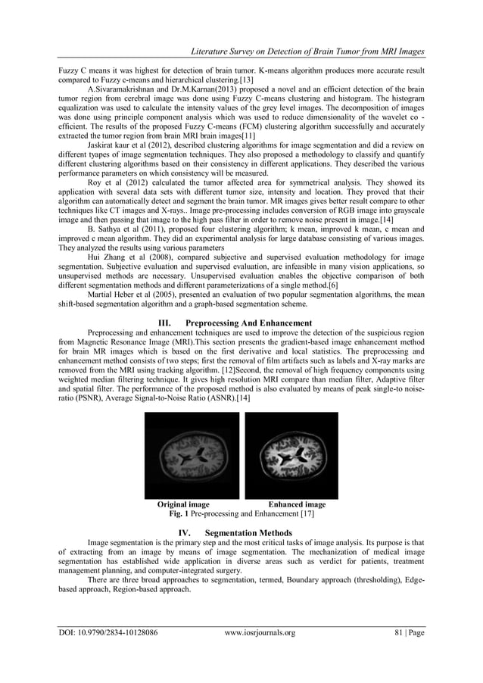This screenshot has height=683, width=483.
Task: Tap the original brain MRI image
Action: click(x=192, y=455)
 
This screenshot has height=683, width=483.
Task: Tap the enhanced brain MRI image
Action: click(x=291, y=455)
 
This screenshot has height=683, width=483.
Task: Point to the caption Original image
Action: click(x=183, y=504)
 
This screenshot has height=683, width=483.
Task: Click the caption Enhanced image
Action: click(x=297, y=504)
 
